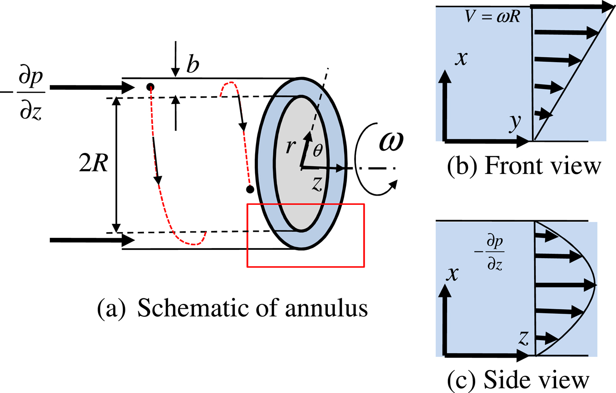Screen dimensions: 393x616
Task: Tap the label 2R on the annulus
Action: click(93, 164)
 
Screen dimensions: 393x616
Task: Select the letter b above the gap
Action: click(193, 64)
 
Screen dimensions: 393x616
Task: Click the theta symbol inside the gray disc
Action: click(318, 150)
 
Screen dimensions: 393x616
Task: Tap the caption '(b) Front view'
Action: click(524, 166)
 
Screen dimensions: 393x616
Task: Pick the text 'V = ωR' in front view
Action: click(493, 17)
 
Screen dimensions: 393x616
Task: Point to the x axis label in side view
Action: click(452, 274)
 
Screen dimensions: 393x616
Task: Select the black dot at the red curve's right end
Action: click(250, 189)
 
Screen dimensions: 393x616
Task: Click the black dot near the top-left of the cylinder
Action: click(150, 86)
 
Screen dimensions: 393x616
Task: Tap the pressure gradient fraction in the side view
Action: click(494, 254)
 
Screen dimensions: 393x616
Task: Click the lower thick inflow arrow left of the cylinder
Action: click(92, 240)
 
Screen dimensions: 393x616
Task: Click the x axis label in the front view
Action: click(461, 58)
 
